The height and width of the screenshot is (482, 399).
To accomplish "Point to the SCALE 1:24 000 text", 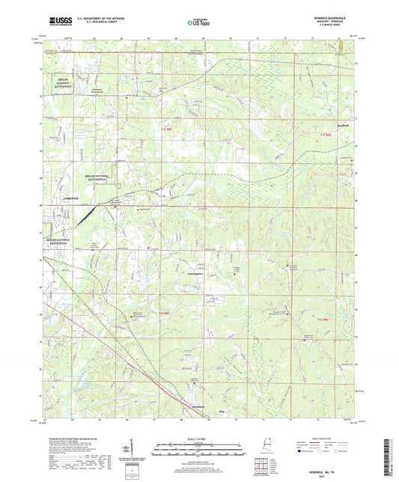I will (199, 438).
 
